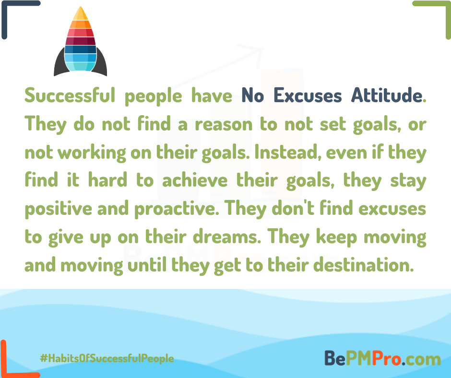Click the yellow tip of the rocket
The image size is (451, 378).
[81, 14]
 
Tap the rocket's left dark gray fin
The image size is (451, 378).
[59, 65]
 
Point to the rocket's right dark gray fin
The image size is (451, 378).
[102, 65]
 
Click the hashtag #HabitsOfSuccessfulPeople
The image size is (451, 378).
[107, 358]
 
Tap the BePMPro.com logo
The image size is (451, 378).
[382, 358]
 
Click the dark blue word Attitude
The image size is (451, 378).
[387, 95]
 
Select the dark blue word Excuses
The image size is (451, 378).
[308, 95]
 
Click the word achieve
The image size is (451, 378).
[195, 180]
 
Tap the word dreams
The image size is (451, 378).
[226, 237]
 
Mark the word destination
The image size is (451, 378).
[364, 265]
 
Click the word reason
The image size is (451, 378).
[224, 125]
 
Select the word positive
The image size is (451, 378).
[59, 209]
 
